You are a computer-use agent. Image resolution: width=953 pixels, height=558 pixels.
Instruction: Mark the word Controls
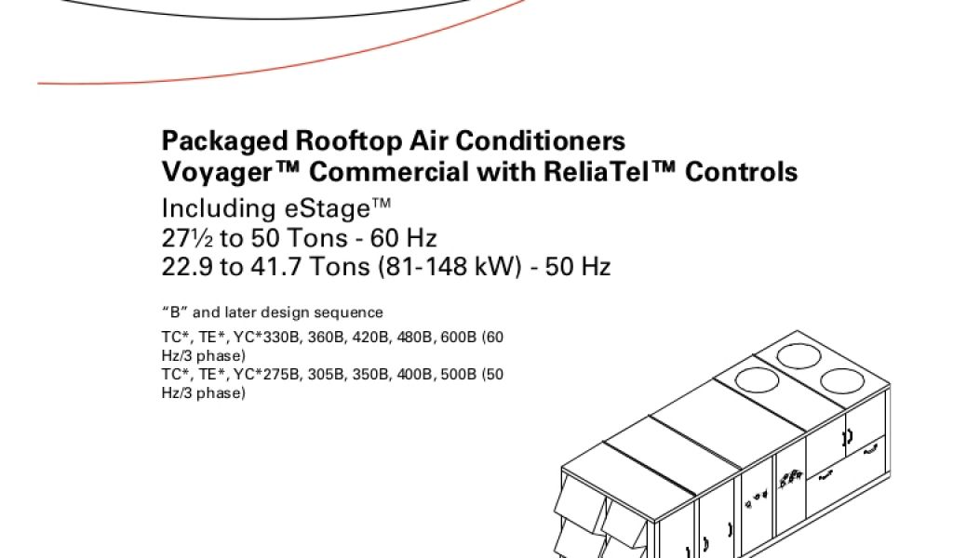point(741,172)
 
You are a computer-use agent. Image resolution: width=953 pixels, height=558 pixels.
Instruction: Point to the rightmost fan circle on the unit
point(841,381)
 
